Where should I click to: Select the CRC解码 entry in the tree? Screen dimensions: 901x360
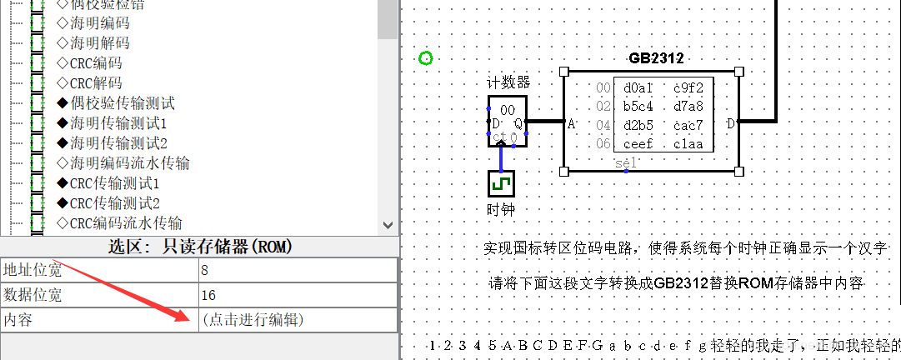[95, 82]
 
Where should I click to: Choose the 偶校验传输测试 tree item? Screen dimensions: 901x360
[122, 103]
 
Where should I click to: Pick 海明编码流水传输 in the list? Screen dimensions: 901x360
[129, 162]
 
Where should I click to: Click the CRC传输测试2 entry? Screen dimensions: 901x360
[114, 202]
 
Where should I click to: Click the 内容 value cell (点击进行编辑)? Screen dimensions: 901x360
[253, 319]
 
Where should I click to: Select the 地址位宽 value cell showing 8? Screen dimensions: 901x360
[206, 270]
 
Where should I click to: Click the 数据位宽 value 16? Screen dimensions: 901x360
[208, 294]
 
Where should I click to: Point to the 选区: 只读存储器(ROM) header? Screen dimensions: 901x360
[199, 246]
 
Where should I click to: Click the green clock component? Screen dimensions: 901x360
[500, 182]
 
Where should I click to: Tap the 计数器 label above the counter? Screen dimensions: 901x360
[508, 82]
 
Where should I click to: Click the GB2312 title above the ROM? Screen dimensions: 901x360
[656, 58]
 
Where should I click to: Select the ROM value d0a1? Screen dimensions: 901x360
[638, 87]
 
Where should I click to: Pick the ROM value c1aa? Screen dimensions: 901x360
[688, 144]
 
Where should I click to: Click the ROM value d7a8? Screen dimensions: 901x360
[688, 107]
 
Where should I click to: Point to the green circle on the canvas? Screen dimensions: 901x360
[426, 58]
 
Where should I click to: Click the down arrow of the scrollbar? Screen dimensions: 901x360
[388, 224]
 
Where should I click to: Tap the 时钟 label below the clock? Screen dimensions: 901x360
[500, 209]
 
